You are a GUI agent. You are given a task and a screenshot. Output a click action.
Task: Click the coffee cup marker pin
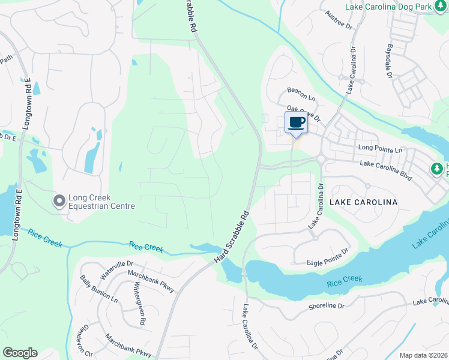[x=295, y=123]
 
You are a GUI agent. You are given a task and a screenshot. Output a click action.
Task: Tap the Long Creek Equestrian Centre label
[x=101, y=201]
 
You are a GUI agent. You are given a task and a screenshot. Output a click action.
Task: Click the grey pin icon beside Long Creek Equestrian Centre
[x=59, y=201]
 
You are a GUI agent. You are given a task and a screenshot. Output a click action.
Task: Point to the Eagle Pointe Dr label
[x=320, y=256]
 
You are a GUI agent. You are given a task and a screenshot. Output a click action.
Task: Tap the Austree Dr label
[x=337, y=19]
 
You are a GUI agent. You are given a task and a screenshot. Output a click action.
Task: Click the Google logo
[x=20, y=353]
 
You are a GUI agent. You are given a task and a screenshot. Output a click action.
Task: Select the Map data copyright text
[x=423, y=355]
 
